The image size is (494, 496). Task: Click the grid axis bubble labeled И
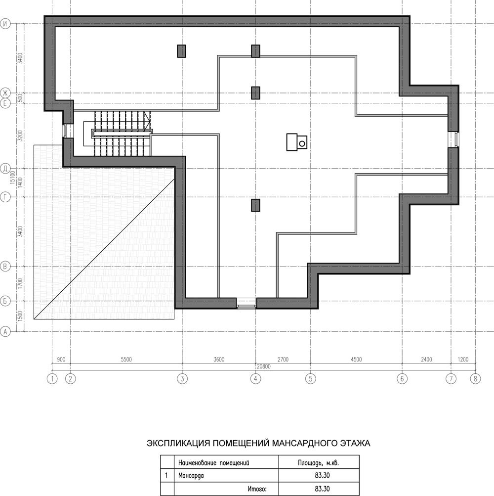click(x=5, y=24)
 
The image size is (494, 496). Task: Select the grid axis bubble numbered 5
click(x=310, y=379)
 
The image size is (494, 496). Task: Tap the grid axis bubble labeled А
click(x=5, y=331)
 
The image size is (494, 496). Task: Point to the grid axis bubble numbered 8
click(x=475, y=379)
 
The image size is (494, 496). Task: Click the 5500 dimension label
click(x=126, y=360)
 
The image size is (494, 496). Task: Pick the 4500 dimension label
click(x=356, y=360)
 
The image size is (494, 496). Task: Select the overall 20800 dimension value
click(x=264, y=366)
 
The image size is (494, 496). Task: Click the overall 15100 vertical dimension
click(x=13, y=177)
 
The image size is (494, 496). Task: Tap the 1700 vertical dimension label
click(x=20, y=284)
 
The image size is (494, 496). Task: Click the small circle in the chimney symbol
click(x=302, y=144)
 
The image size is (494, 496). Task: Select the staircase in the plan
click(x=118, y=133)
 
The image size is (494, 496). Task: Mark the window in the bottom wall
click(x=247, y=303)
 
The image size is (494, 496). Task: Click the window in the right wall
click(x=453, y=139)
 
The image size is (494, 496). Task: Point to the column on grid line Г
click(x=255, y=205)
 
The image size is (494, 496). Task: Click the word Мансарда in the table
click(x=191, y=475)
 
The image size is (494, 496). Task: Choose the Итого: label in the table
click(x=257, y=489)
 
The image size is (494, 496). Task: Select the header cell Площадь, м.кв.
click(x=319, y=463)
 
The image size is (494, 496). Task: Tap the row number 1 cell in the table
click(x=167, y=475)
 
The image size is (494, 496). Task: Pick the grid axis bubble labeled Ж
click(x=5, y=93)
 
